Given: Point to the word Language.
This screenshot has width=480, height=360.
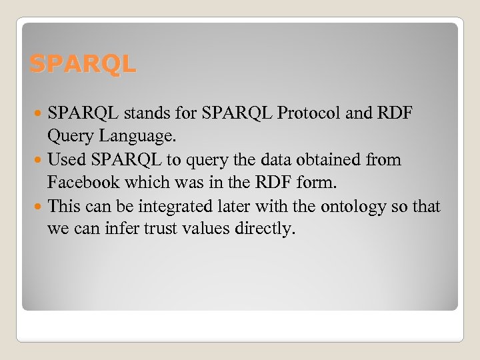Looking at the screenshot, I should coord(138,137).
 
